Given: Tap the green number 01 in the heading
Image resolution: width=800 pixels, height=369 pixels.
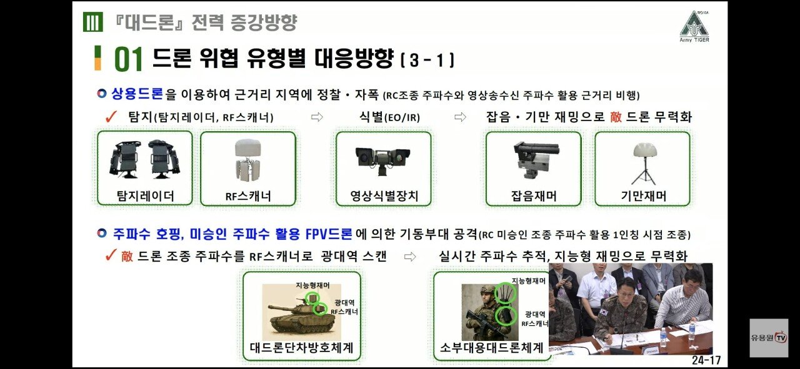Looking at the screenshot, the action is pos(129,59).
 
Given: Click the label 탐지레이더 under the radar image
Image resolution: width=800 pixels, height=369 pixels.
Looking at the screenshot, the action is pos(146,195).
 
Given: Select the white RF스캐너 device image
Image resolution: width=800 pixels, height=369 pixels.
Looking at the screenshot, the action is pos(248,159).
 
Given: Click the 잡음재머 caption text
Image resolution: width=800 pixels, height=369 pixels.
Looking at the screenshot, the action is pos(534,195).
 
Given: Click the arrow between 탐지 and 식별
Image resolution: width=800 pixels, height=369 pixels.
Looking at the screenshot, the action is pos(317,117).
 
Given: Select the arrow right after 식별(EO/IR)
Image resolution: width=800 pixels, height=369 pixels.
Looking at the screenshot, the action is pos(460,117).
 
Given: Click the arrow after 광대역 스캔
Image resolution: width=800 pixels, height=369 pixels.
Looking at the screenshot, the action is pos(410,257).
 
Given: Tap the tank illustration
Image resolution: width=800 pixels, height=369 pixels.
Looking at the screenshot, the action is pos(302,312).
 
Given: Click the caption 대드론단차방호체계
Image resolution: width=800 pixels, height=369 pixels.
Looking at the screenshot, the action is pos(302,348).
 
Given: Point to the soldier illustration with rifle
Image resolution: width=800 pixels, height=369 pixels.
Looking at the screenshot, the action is pos(485,312).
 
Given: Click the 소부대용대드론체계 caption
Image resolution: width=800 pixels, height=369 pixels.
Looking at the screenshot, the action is pos(491,348).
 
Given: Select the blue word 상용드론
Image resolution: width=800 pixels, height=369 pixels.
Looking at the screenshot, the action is pos(137,94).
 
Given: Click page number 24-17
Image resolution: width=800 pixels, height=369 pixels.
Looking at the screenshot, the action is pos(706,360).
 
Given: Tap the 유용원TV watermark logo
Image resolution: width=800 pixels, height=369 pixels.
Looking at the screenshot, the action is pos(769,338).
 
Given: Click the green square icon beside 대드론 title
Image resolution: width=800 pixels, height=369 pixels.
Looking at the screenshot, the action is pos(93,22).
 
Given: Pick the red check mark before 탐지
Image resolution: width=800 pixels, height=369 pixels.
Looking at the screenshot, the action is pos(111,117).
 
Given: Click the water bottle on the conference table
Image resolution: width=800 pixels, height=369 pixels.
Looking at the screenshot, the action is pos(663,338).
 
